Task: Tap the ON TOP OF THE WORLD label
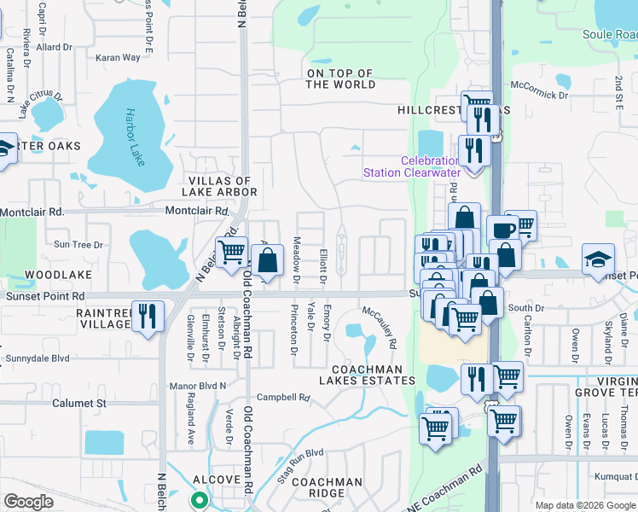point(340,79)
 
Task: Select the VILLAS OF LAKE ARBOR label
point(221,186)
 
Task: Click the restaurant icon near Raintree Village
point(148,315)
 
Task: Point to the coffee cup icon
point(502,230)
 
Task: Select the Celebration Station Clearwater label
point(412,166)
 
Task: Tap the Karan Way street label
point(118,58)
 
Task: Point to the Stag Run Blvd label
point(300,464)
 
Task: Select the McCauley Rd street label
point(380,327)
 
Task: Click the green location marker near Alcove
point(199,501)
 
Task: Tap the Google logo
point(29,502)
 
